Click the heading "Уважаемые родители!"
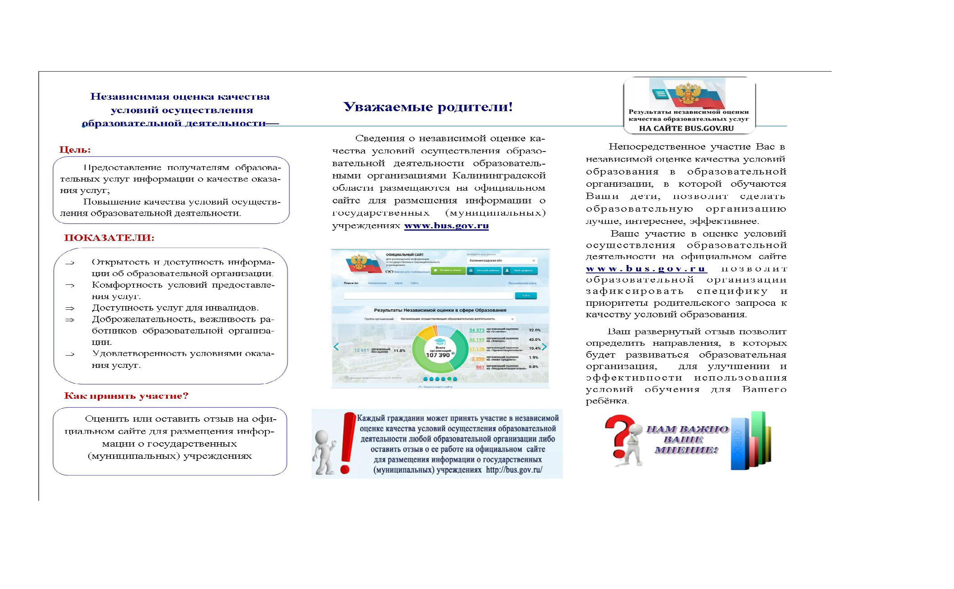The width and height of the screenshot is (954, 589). coord(428,107)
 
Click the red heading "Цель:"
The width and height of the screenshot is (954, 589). coord(75,150)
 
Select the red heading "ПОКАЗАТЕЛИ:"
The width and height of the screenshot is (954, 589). coord(109,238)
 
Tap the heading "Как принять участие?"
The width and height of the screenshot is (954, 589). coord(126,396)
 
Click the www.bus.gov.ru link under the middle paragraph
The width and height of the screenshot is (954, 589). coord(446,226)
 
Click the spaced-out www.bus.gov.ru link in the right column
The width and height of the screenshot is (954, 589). coord(646,269)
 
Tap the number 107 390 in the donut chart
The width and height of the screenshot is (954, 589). coord(438,355)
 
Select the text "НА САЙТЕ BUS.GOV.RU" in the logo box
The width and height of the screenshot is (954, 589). coord(686,129)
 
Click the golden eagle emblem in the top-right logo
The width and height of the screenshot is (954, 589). coord(688,94)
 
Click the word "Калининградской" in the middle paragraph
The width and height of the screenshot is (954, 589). coord(499,176)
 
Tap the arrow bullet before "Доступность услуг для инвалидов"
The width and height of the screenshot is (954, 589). coord(70,308)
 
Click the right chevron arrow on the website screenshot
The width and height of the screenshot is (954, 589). coord(544,347)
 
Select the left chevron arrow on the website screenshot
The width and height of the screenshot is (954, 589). coord(336,347)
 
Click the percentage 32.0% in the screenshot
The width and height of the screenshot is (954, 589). coord(534,330)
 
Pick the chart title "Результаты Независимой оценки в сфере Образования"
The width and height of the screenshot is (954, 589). coord(440,310)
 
